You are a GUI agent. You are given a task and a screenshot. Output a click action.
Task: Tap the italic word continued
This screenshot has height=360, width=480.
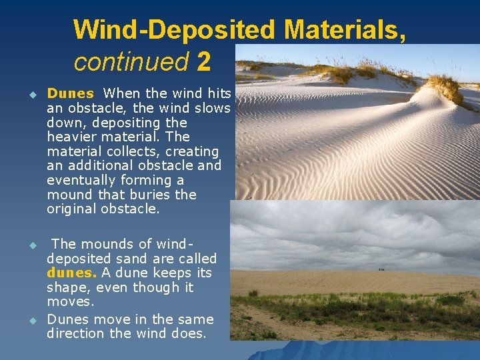coord(131,62)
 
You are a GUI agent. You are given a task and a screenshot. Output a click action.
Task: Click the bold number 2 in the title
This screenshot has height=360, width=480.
coord(204,62)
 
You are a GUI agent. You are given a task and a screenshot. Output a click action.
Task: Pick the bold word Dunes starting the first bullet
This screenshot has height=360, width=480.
coord(70,94)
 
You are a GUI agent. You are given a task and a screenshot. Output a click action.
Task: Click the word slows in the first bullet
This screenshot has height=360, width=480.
coord(213,108)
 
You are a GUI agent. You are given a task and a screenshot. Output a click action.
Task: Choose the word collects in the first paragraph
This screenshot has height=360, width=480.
coord(123,151)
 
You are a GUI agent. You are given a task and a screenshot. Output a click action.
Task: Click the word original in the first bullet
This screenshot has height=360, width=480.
coord(72,209)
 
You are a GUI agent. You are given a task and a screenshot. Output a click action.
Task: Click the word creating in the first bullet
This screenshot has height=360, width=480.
coord(193,151)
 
